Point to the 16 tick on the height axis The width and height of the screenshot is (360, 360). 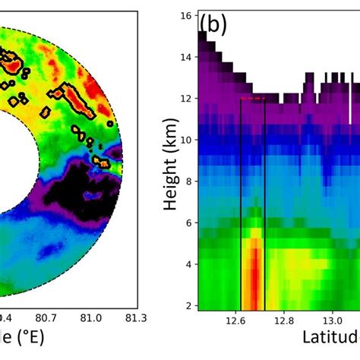(184, 15)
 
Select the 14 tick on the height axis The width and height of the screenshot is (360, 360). (184, 56)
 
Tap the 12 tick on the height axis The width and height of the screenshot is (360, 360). (184, 98)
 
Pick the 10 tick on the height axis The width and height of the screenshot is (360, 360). (184, 139)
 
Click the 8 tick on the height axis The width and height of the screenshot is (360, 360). (187, 181)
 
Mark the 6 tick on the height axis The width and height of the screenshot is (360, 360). (187, 223)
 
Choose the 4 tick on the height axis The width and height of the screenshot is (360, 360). (187, 264)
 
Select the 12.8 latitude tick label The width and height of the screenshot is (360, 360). (288, 320)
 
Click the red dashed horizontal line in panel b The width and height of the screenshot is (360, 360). (252, 99)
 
